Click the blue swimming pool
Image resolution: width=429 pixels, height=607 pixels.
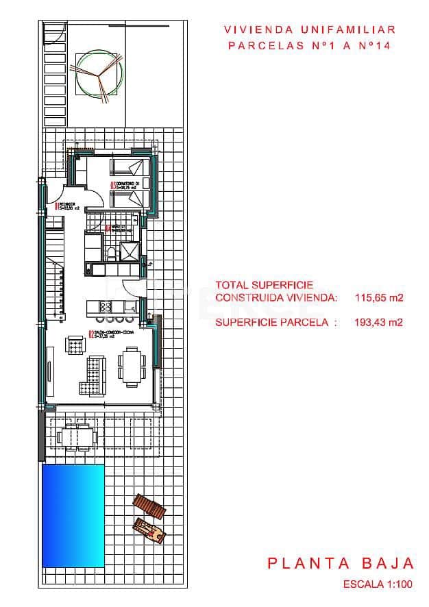(x=73, y=515)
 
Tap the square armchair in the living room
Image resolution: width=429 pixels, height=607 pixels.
(x=74, y=344)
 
